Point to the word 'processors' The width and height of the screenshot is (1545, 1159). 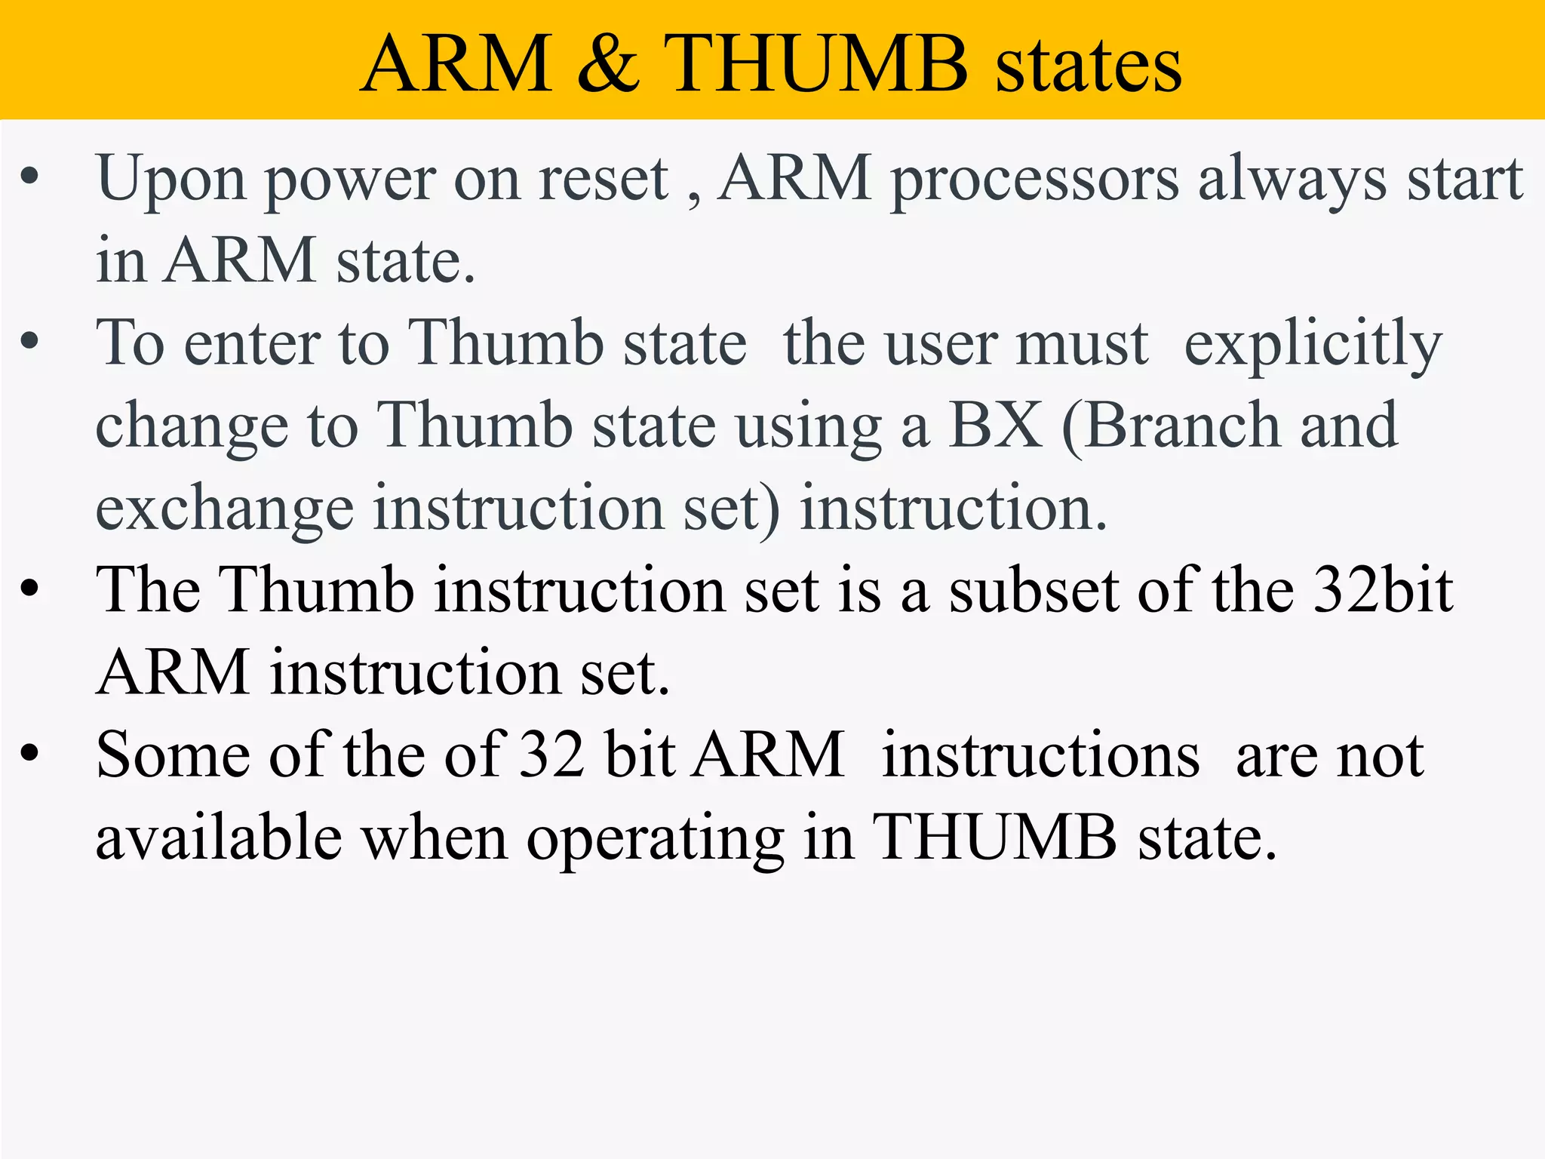coord(1034,181)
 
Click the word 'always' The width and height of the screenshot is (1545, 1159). coord(1292,181)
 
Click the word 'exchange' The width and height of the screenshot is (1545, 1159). coord(224,509)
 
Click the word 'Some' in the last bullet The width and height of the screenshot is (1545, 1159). coord(173,755)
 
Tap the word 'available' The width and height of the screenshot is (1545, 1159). coord(219,838)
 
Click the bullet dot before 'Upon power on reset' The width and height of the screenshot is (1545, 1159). coord(29,177)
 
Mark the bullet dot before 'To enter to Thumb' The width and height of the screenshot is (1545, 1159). coord(29,341)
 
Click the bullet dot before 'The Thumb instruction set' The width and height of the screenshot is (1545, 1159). coord(29,588)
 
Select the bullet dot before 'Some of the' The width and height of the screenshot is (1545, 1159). coord(29,752)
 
